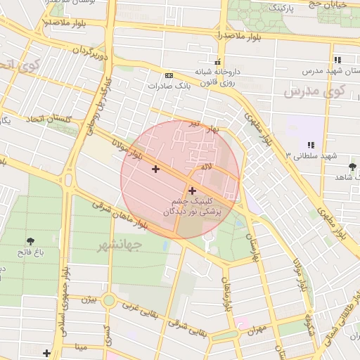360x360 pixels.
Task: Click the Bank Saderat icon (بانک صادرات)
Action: [x=168, y=75]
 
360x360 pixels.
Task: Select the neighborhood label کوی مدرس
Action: [x=316, y=91]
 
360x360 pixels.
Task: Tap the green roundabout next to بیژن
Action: [x=109, y=301]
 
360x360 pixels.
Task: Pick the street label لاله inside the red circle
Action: [x=206, y=167]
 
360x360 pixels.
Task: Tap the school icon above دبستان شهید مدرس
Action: [x=338, y=60]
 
